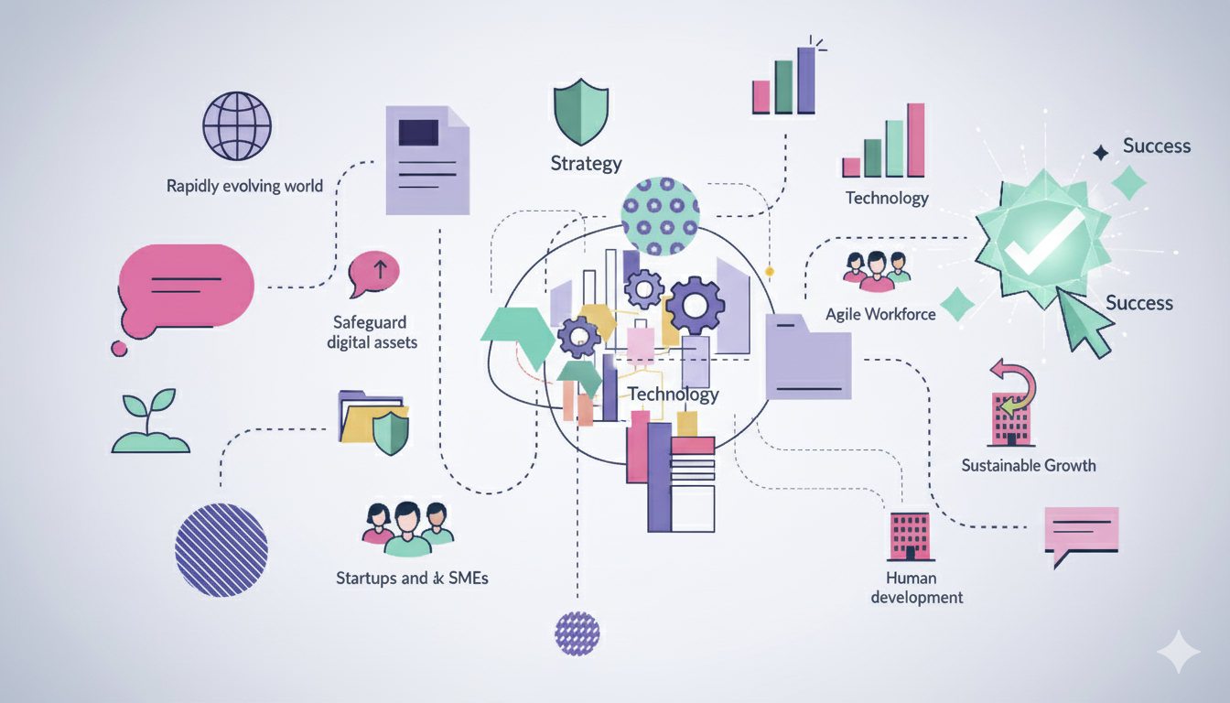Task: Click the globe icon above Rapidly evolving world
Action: [x=237, y=129]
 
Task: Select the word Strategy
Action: [x=586, y=164]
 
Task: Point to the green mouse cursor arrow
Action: [x=1084, y=324]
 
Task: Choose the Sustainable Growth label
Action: [x=1029, y=465]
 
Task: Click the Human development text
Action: [x=916, y=588]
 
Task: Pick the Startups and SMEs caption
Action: [x=412, y=578]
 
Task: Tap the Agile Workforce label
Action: [x=880, y=314]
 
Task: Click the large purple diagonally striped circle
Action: [x=221, y=550]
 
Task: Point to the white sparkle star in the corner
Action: [x=1177, y=653]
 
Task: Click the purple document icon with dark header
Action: [x=427, y=160]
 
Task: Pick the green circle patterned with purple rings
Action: [x=660, y=215]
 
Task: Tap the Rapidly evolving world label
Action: [x=244, y=186]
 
